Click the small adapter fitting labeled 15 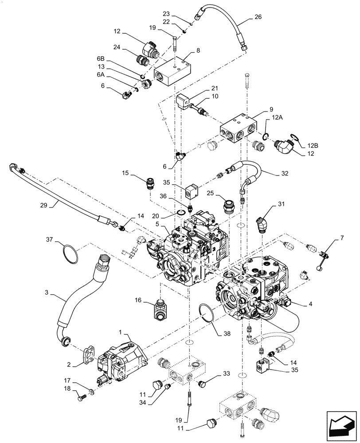tap(150, 183)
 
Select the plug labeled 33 tap(202, 382)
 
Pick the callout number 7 tap(342, 239)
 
